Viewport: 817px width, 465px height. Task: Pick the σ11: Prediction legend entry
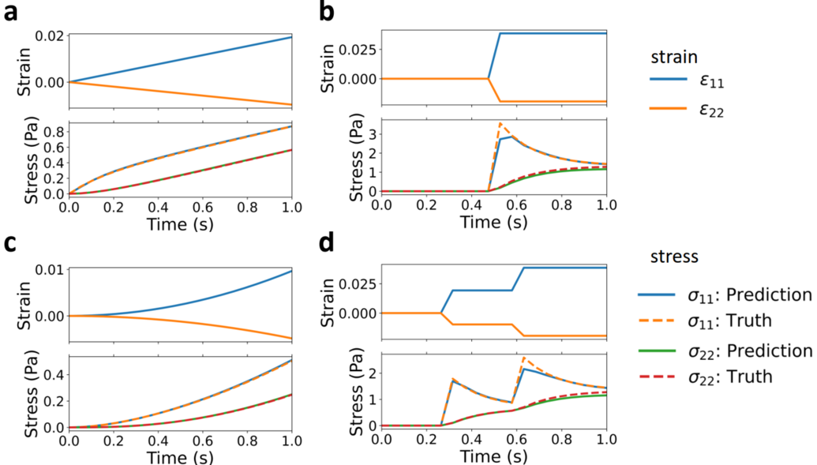click(725, 295)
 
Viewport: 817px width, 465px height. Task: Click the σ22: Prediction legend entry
click(725, 351)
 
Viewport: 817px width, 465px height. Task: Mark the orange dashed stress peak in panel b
click(500, 123)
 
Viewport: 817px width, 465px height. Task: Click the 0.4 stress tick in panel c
click(53, 369)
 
